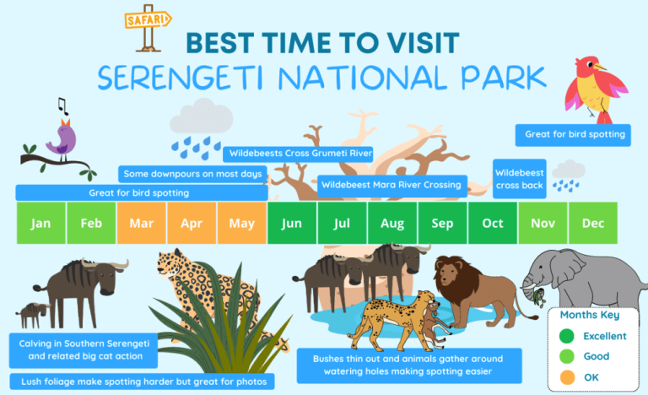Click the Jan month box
click(x=41, y=224)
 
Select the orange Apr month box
click(x=192, y=224)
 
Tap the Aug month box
click(x=392, y=224)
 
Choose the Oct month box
click(x=493, y=224)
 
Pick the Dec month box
click(x=593, y=224)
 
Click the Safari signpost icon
click(x=148, y=30)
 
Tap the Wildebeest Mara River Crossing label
click(x=391, y=185)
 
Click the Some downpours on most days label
click(x=193, y=174)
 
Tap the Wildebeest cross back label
click(x=519, y=179)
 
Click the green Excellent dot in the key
click(x=568, y=336)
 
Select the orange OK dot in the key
click(x=568, y=377)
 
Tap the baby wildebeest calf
click(x=32, y=315)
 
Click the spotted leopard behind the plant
click(x=198, y=279)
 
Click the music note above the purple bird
click(x=62, y=105)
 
